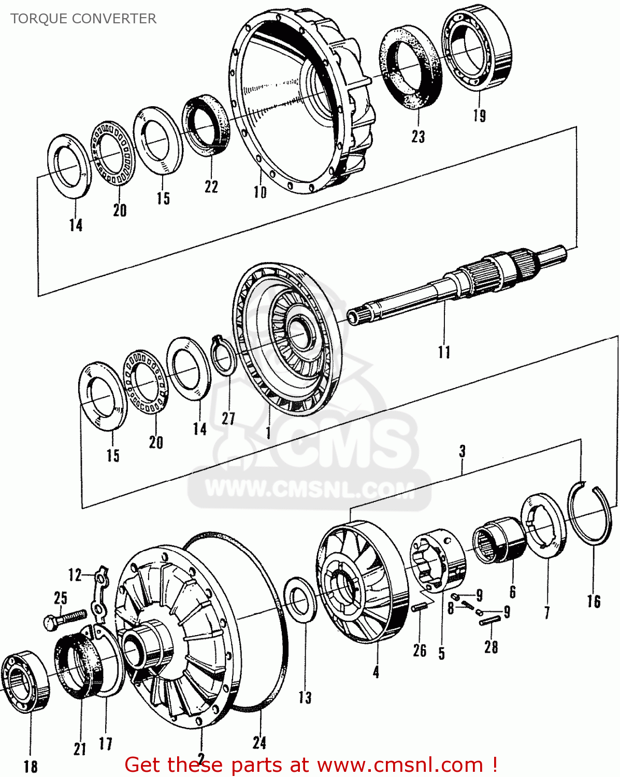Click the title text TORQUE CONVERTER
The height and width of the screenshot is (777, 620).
(83, 19)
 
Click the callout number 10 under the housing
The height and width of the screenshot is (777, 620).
(260, 192)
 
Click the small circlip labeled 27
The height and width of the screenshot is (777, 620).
(224, 355)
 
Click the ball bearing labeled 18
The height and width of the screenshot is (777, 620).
(25, 681)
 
